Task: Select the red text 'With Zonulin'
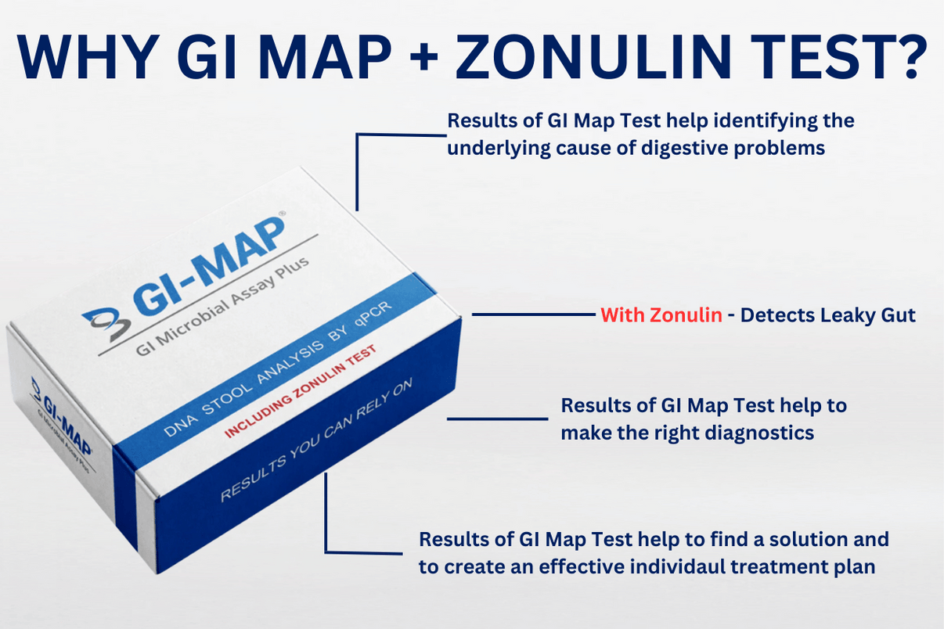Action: pyautogui.click(x=661, y=315)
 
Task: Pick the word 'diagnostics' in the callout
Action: pyautogui.click(x=758, y=432)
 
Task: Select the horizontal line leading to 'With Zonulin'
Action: pyautogui.click(x=533, y=315)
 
